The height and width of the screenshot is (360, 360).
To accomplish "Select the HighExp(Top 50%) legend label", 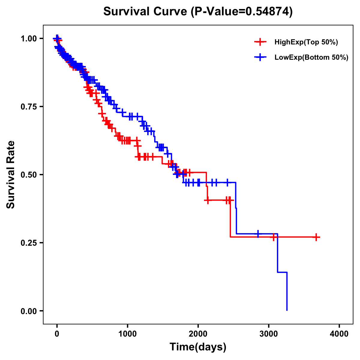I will (x=306, y=42).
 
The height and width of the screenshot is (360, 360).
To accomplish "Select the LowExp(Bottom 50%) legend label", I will (x=311, y=57).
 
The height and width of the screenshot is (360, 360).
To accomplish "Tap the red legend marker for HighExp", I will (x=260, y=42).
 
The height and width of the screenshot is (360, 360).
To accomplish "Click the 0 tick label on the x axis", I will (x=57, y=334).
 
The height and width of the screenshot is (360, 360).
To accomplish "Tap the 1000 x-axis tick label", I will (x=127, y=334).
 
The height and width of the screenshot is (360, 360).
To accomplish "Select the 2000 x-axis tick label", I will (x=198, y=334).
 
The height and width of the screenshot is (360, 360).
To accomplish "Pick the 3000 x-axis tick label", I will (x=269, y=334).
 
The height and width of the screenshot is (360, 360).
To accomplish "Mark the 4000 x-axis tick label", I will (x=339, y=334).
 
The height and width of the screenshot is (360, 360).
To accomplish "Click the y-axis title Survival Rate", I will (x=11, y=175).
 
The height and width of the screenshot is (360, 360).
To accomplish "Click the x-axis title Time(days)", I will (x=198, y=347).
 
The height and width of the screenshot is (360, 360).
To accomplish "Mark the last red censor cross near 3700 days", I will (x=316, y=237).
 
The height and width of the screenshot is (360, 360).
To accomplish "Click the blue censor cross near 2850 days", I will (x=258, y=234).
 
